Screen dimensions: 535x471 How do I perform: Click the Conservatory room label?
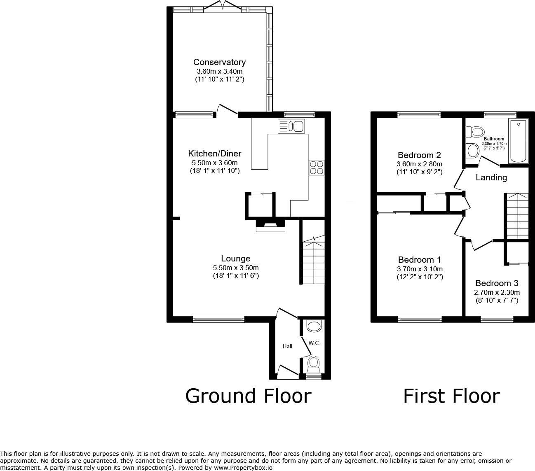pyautogui.click(x=219, y=62)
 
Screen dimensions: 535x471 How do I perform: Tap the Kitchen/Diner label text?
pyautogui.click(x=215, y=153)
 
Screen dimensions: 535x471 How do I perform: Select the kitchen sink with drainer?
pyautogui.click(x=291, y=126)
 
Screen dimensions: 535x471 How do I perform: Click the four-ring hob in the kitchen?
pyautogui.click(x=317, y=168)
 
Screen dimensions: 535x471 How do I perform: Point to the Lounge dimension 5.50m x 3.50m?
pyautogui.click(x=236, y=268)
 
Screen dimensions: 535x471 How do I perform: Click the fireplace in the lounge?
pyautogui.click(x=270, y=226)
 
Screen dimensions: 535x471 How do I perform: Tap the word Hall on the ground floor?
pyautogui.click(x=287, y=346)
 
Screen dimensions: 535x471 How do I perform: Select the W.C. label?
pyautogui.click(x=314, y=343)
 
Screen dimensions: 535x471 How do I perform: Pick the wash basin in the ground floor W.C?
pyautogui.click(x=314, y=326)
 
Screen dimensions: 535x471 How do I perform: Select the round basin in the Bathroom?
pyautogui.click(x=473, y=151)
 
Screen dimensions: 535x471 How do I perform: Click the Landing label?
pyautogui.click(x=491, y=177)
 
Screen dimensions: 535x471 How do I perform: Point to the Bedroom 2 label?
pyautogui.click(x=419, y=155)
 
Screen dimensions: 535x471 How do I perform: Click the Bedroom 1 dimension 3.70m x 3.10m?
pyautogui.click(x=420, y=269)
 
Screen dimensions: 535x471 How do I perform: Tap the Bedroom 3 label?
pyautogui.click(x=497, y=283)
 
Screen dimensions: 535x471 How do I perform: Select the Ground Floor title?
pyautogui.click(x=249, y=396)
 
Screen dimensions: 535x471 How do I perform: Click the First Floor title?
pyautogui.click(x=452, y=396)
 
